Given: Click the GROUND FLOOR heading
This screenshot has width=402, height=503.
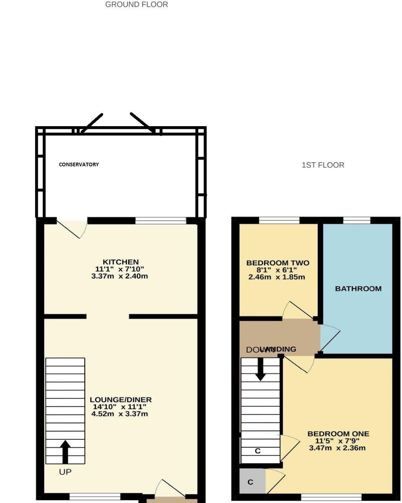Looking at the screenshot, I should point(137,5).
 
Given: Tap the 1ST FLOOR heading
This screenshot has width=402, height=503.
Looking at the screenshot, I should point(323,165).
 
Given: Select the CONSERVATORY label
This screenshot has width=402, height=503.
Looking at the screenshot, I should point(79,165).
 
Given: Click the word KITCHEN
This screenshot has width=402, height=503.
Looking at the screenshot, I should point(121,262).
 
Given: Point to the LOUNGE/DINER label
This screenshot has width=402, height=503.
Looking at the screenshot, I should point(121,400).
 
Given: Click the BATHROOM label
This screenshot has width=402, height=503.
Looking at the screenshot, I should point(358,289).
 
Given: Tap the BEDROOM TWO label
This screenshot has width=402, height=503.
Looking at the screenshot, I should point(278,263).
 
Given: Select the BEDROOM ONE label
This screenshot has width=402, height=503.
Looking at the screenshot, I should point(338,434).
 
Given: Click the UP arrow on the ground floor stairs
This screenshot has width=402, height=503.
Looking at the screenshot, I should point(65,451).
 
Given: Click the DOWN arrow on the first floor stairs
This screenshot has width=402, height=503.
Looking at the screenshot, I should point(260,369).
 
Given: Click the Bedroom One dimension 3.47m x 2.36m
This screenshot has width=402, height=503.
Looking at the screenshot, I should point(337,448).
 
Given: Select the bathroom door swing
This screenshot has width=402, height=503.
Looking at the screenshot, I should point(330,337).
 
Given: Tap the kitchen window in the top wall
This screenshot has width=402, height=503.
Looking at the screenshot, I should point(161,220).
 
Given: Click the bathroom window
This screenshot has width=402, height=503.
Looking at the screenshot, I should point(357,220).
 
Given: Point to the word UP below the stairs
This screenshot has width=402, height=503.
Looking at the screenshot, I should point(65,472).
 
